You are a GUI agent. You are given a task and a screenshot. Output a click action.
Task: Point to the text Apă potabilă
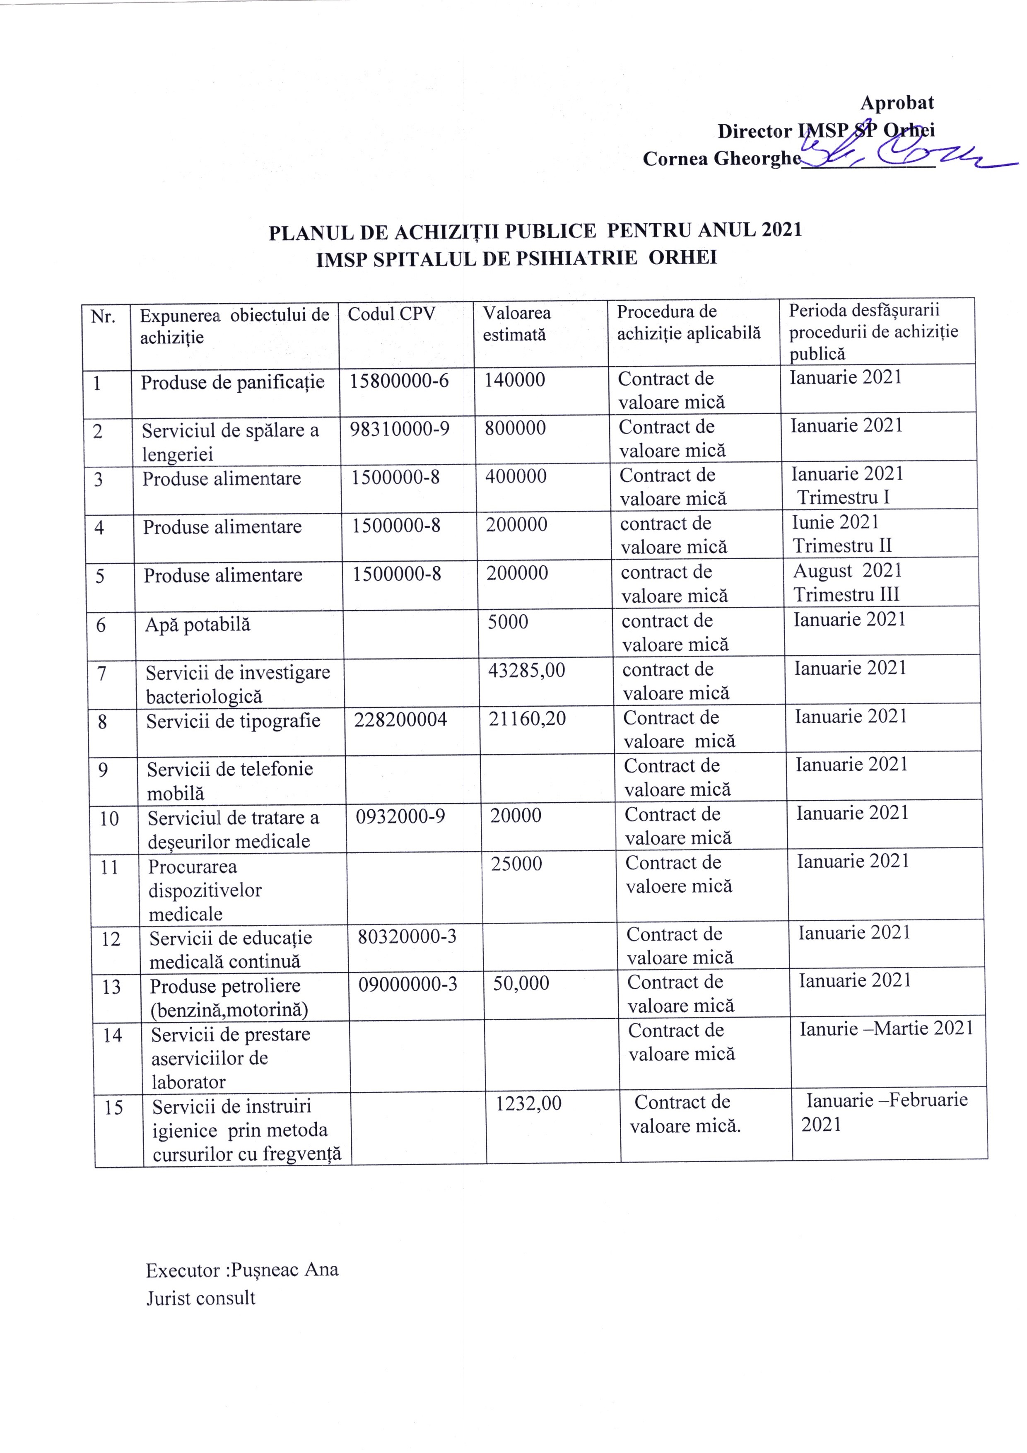coord(198,625)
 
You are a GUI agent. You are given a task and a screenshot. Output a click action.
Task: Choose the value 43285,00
coord(526,670)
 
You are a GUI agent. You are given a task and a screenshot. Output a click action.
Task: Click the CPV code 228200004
coord(400,719)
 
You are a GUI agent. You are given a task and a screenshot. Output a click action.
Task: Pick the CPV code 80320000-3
coord(407,936)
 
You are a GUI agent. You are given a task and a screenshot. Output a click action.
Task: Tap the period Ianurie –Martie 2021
coord(886,1028)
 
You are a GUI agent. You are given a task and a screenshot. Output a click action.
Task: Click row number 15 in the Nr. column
coord(113,1108)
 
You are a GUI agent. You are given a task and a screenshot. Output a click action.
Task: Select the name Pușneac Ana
coord(284,1270)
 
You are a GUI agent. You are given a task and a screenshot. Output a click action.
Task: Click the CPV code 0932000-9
coord(400,816)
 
